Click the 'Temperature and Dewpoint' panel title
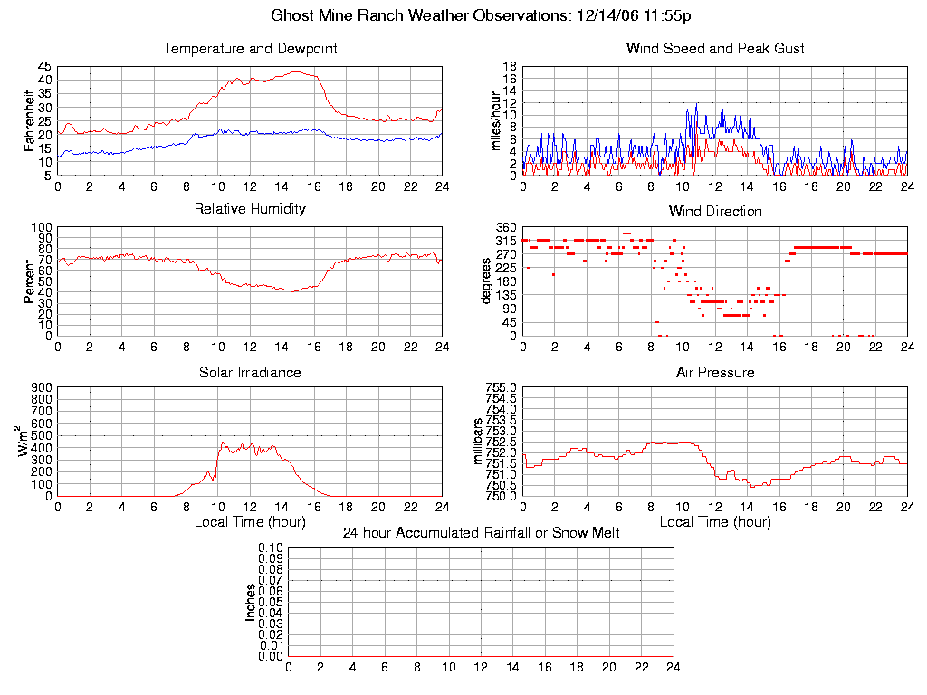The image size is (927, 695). click(250, 49)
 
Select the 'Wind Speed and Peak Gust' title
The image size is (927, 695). click(715, 49)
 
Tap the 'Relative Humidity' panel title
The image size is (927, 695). click(250, 209)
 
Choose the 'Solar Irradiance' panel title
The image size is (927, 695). click(250, 373)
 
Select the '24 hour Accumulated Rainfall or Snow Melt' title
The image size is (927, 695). click(481, 533)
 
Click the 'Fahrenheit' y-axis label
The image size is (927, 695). click(30, 120)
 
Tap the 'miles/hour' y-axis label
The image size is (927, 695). click(495, 120)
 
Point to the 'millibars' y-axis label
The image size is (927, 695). click(480, 442)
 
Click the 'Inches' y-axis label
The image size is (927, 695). click(250, 602)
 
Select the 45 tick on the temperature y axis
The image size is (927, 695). click(44, 67)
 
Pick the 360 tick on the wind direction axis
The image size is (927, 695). click(506, 227)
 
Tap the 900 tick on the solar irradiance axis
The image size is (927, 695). click(42, 387)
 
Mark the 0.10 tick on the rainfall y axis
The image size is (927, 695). click(271, 547)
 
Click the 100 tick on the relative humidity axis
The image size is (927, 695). click(42, 227)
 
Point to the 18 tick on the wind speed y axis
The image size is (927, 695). click(510, 67)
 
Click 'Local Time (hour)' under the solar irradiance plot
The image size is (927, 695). click(250, 522)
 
